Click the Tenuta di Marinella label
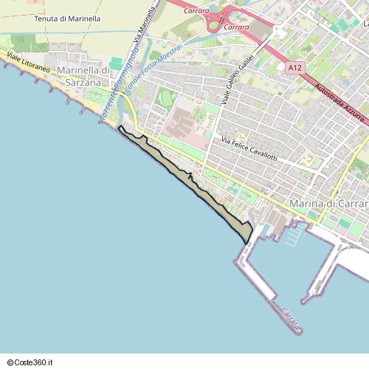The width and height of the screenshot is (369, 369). [x=67, y=18]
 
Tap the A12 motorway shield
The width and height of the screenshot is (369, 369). [x=295, y=68]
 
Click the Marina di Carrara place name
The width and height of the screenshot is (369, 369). [x=329, y=203]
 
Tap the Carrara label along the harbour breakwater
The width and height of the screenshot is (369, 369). [x=290, y=318]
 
